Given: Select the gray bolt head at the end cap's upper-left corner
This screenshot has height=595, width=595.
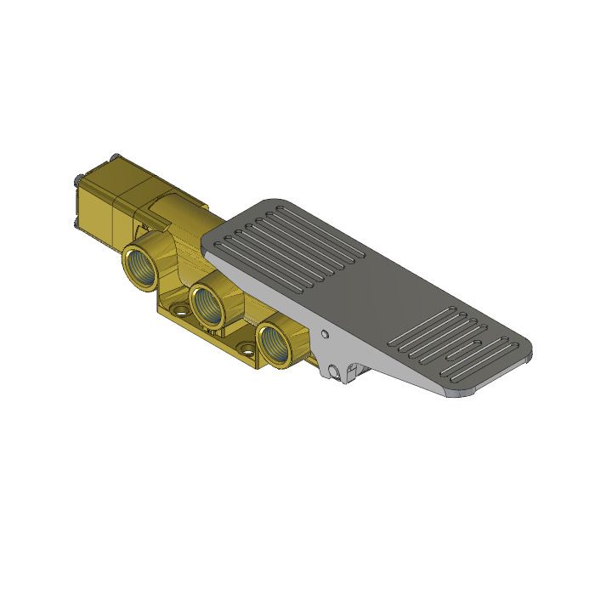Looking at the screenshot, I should point(78,178).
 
